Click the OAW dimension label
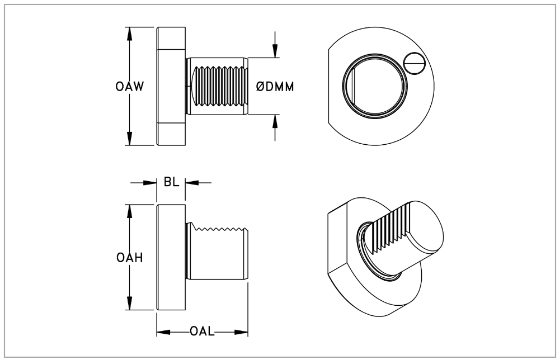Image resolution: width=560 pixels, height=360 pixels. (129, 87)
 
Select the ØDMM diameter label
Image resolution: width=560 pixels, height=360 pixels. (275, 87)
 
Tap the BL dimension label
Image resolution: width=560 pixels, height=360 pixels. (171, 182)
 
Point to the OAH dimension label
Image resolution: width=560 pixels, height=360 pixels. (129, 258)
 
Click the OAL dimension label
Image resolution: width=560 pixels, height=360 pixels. (202, 332)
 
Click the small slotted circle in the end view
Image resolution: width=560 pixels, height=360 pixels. (415, 64)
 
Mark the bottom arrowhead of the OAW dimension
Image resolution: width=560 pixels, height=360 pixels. (129, 139)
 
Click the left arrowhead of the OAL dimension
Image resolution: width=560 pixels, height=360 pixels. (163, 332)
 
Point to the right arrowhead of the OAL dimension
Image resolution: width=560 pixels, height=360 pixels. (241, 332)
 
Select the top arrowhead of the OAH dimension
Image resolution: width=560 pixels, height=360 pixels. (129, 211)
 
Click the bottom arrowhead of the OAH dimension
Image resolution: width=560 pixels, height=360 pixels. (129, 304)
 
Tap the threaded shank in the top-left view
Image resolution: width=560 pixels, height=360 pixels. (217, 86)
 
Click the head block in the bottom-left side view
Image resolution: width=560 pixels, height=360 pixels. (171, 257)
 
